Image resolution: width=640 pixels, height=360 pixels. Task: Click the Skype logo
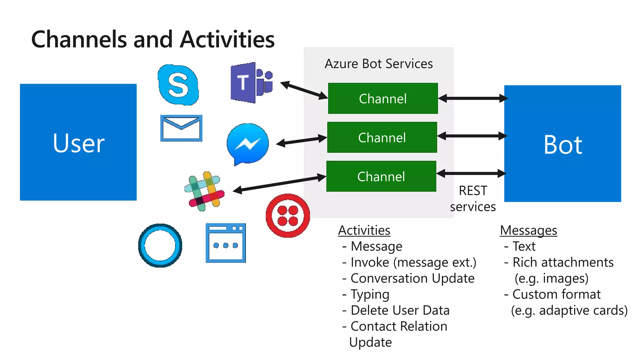click(x=178, y=85)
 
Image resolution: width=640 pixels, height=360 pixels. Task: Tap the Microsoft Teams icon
click(x=251, y=82)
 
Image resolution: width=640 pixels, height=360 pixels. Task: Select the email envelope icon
click(x=181, y=128)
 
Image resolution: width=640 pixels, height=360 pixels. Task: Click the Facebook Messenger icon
click(x=247, y=144)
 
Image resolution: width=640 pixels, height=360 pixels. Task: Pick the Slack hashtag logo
click(x=205, y=191)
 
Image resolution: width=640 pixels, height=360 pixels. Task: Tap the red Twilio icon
click(x=287, y=215)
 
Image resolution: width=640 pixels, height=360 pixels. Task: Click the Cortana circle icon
click(x=160, y=245)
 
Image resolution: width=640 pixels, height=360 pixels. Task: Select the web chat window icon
click(x=226, y=243)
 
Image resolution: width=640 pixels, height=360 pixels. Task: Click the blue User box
click(x=78, y=142)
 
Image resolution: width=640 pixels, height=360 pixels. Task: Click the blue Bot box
click(x=562, y=144)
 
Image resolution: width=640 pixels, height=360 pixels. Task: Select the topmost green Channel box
click(x=383, y=98)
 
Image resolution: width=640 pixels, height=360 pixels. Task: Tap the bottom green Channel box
click(x=381, y=176)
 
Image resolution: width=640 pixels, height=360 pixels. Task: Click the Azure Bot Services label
click(x=379, y=64)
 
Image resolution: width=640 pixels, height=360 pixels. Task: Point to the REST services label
click(x=473, y=199)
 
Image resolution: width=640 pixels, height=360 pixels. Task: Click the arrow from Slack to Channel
click(x=280, y=184)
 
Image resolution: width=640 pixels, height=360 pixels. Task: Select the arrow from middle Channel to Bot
click(x=472, y=136)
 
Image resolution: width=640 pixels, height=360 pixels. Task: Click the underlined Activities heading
click(x=364, y=231)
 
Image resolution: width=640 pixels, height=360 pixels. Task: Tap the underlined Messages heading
click(x=528, y=231)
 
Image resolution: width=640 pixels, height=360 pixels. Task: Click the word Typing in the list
click(x=370, y=294)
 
